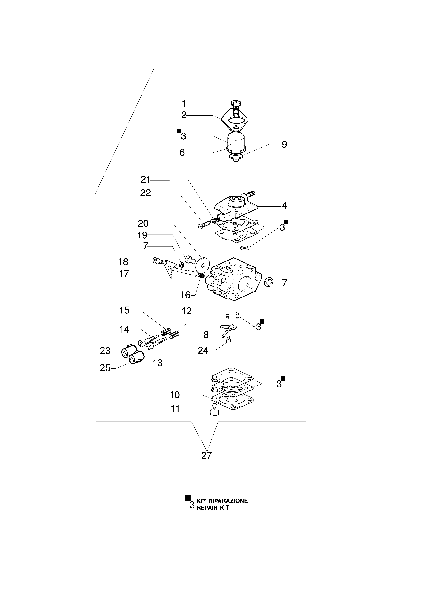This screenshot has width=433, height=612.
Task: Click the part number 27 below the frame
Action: (206, 456)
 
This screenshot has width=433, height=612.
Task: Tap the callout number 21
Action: (146, 179)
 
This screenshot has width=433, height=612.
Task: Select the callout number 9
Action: (284, 145)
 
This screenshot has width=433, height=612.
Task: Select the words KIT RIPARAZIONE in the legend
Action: (222, 501)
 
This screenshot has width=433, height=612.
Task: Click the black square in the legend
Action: (188, 498)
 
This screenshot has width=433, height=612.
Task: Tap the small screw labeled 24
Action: (228, 339)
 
